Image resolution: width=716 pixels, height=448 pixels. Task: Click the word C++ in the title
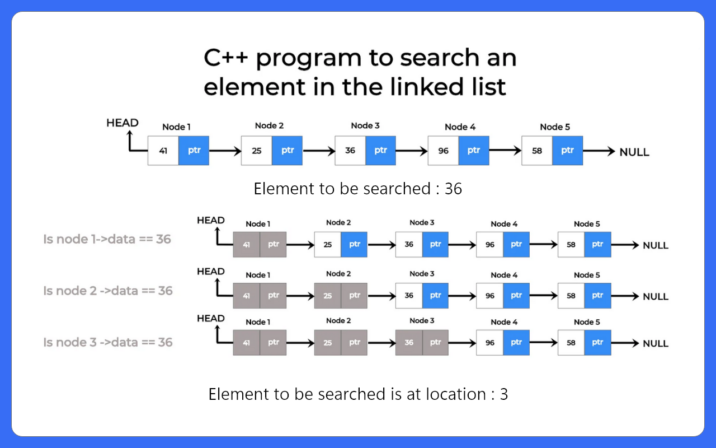[x=225, y=58]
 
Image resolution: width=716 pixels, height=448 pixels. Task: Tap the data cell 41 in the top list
[x=163, y=151]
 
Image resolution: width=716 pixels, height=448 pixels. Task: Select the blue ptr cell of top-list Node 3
[x=381, y=151]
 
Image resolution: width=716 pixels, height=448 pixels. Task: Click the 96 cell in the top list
[x=444, y=151]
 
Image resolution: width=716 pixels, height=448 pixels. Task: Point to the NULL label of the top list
[x=634, y=152]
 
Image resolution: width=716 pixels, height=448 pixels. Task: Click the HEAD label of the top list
[x=123, y=123]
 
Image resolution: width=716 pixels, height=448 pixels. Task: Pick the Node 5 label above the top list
[x=555, y=127]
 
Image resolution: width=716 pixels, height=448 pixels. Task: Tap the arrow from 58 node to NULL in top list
[x=599, y=151]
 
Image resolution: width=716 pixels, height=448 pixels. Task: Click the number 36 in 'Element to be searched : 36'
[x=453, y=189]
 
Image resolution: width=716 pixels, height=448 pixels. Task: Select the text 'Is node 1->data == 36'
[x=107, y=239]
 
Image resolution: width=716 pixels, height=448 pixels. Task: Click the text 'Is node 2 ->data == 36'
[x=108, y=291]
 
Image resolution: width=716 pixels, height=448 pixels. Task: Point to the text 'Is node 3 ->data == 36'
[x=108, y=342]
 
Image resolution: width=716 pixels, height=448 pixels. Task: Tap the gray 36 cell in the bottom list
[x=409, y=342]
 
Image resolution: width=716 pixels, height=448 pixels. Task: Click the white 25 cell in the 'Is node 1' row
[x=328, y=245]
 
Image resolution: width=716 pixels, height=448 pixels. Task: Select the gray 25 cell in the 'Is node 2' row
[x=328, y=296]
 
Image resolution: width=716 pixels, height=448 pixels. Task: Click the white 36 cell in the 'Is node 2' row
[x=409, y=296]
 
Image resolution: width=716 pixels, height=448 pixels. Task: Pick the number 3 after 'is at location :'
[x=504, y=394]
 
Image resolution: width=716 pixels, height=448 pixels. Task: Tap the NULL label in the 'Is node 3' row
[x=656, y=343]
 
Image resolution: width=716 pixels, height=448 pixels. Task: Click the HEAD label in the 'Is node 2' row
[x=211, y=272]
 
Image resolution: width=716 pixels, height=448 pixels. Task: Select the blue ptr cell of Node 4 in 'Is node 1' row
[x=516, y=245]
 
